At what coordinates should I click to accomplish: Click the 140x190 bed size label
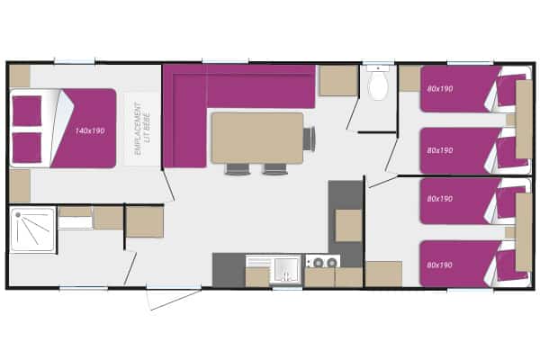(x=90, y=130)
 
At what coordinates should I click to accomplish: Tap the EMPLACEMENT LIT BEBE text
(x=141, y=129)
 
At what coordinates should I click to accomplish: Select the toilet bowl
(x=378, y=84)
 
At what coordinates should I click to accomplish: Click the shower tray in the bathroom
(x=32, y=229)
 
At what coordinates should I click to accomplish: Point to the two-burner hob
(x=323, y=262)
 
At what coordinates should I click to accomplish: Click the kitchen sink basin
(x=286, y=269)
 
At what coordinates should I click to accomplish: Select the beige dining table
(x=257, y=138)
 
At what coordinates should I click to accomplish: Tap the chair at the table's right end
(x=309, y=138)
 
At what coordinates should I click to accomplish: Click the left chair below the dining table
(x=238, y=169)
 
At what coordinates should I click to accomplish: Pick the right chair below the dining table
(x=274, y=169)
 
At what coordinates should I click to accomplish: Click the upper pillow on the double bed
(x=27, y=111)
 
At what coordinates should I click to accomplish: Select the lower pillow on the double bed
(x=27, y=148)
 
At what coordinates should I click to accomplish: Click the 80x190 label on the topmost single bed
(x=440, y=89)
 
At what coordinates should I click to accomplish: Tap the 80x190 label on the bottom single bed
(x=440, y=265)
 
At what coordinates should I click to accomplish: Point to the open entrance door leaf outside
(x=175, y=300)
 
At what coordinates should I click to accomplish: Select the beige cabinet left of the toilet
(x=338, y=81)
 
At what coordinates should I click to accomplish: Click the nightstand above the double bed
(x=20, y=76)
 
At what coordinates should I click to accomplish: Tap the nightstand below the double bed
(x=20, y=185)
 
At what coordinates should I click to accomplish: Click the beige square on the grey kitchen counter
(x=348, y=225)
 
